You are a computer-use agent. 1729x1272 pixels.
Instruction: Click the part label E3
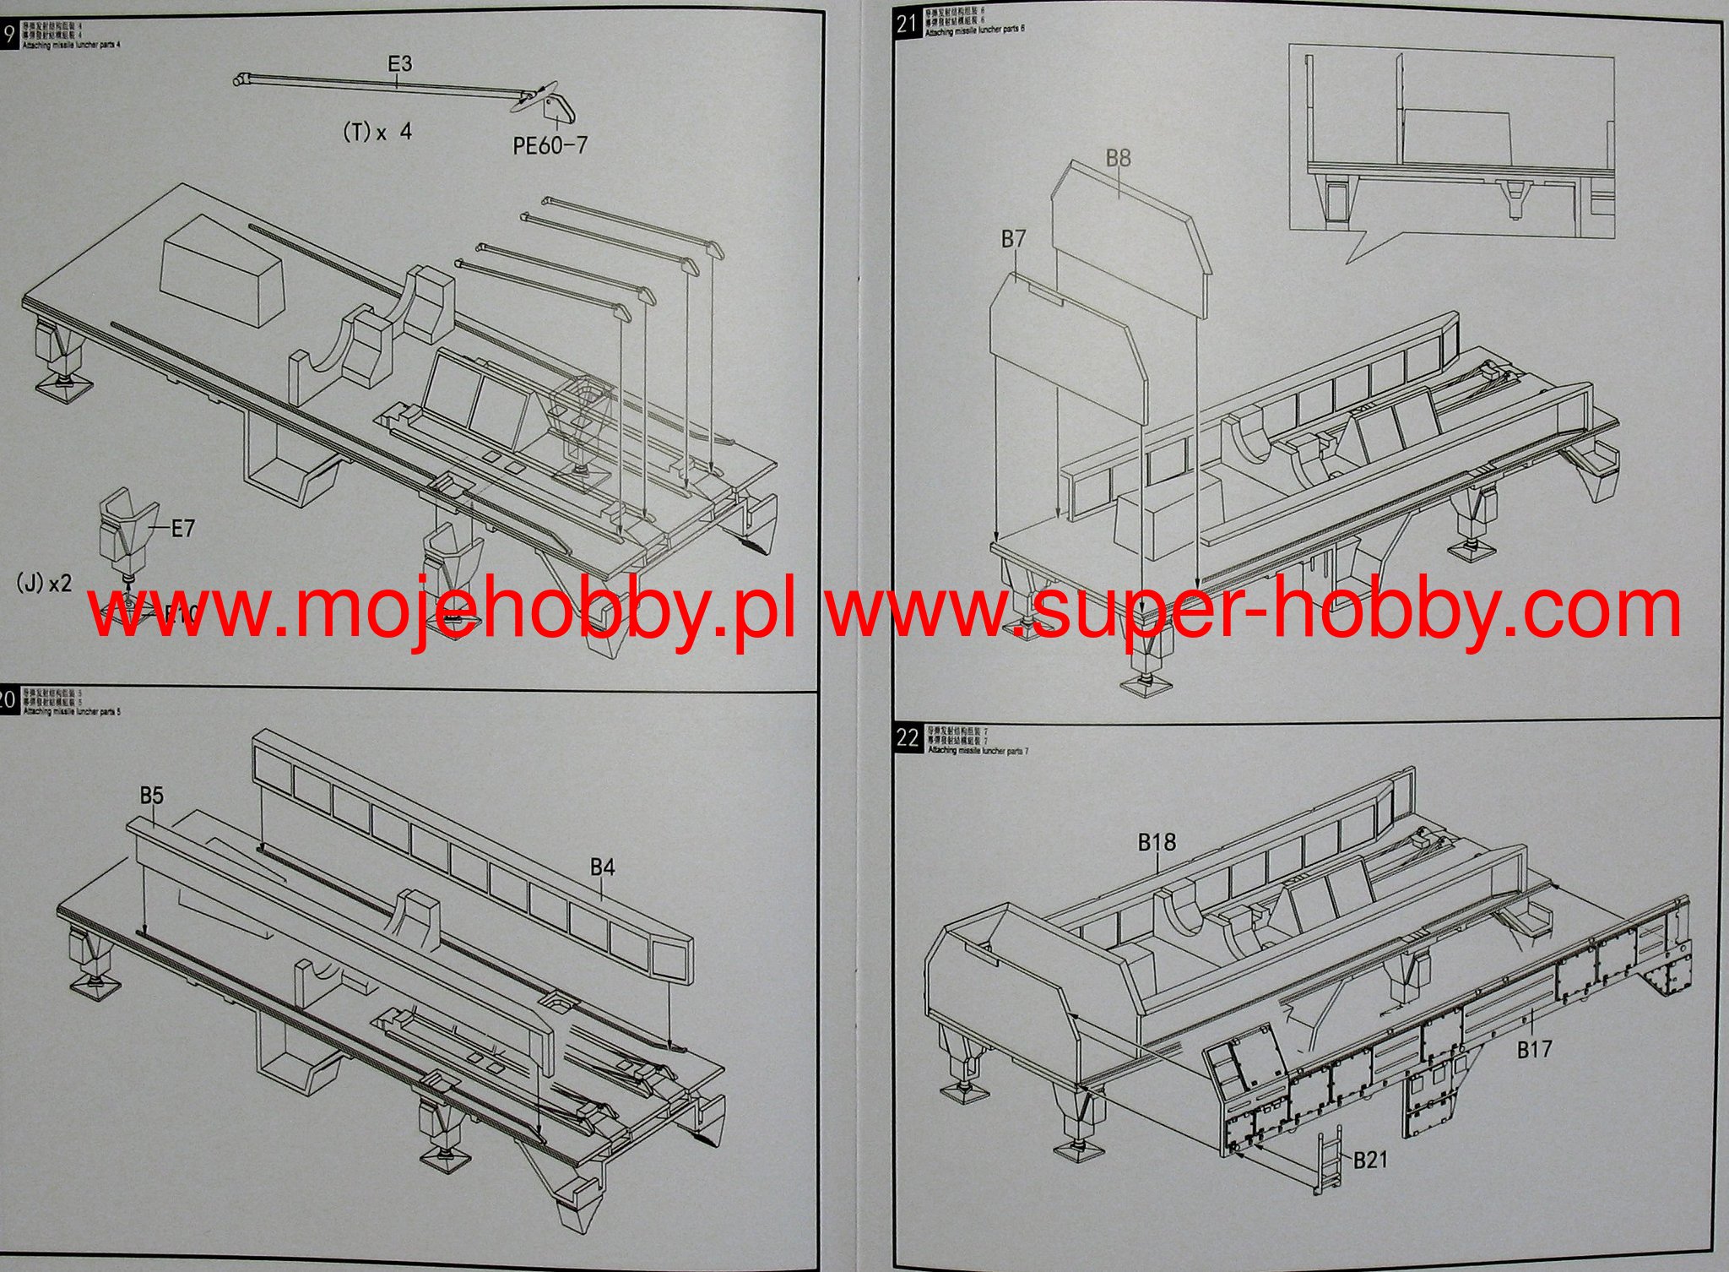click(x=399, y=63)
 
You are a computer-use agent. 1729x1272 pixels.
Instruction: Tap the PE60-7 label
click(x=550, y=145)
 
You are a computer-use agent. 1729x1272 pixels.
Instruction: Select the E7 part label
click(x=182, y=529)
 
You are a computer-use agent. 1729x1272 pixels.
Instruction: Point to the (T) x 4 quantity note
click(x=377, y=132)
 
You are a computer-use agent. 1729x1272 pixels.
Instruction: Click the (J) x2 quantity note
click(x=44, y=582)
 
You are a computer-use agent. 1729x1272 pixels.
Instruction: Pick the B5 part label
click(x=152, y=796)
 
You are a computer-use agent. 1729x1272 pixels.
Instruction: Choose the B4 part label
click(x=602, y=867)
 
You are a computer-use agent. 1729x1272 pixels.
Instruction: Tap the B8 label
click(x=1118, y=158)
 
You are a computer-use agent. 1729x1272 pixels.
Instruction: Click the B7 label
click(x=1013, y=239)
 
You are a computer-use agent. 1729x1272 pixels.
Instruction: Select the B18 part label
click(x=1156, y=842)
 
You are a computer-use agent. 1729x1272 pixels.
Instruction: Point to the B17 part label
click(x=1534, y=1050)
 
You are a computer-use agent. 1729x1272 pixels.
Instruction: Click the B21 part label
click(x=1370, y=1160)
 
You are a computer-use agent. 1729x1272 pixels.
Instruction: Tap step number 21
click(x=907, y=24)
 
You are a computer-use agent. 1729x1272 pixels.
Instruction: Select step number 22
click(x=908, y=737)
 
